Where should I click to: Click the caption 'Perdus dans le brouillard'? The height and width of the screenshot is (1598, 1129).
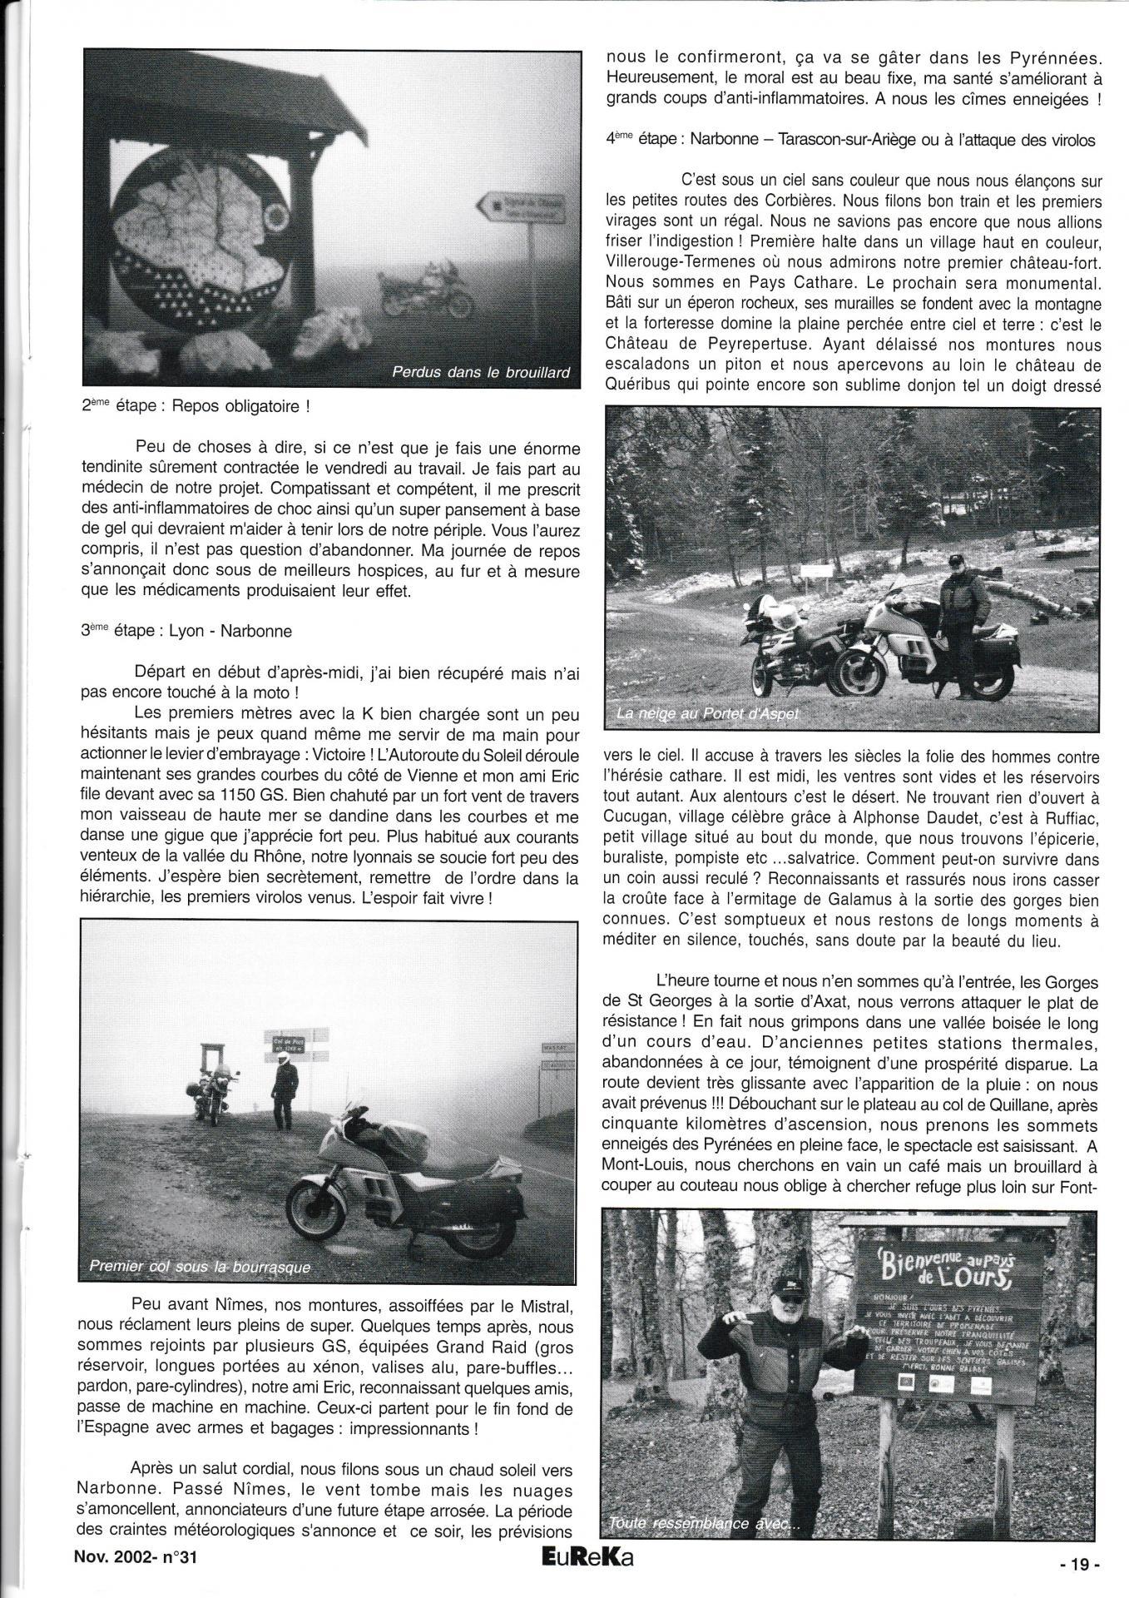click(x=480, y=373)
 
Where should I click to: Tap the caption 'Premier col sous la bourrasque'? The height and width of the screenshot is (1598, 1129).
click(x=199, y=1268)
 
